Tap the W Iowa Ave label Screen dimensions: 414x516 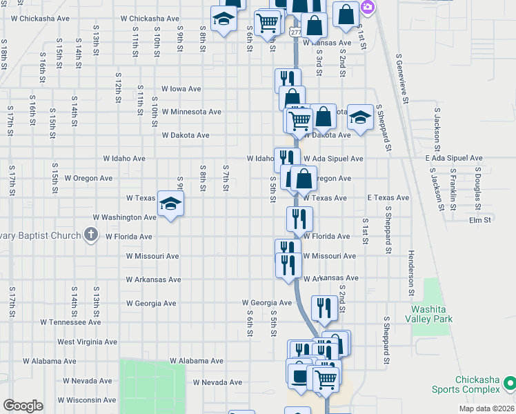[181, 89]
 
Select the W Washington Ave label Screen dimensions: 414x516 [130, 217]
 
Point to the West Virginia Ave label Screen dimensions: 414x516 [87, 342]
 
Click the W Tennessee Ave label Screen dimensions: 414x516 [70, 322]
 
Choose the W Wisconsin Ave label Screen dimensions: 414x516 [87, 400]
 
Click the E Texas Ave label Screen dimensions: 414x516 [388, 198]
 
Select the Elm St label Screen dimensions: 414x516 [479, 221]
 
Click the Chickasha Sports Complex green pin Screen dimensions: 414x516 [510, 382]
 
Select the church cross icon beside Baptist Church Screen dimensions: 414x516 [90, 235]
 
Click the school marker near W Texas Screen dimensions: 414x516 [170, 204]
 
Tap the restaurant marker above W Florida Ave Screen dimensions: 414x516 [299, 219]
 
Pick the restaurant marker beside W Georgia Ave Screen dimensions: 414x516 [324, 307]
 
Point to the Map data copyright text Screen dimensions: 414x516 [486, 408]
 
